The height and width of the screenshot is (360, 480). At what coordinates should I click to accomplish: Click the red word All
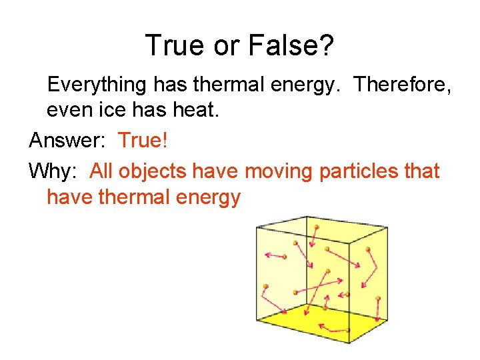point(102,171)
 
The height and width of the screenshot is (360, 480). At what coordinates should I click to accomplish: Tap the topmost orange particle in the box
point(317,227)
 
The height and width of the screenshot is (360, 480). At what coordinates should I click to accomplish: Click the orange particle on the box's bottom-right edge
point(378,298)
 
